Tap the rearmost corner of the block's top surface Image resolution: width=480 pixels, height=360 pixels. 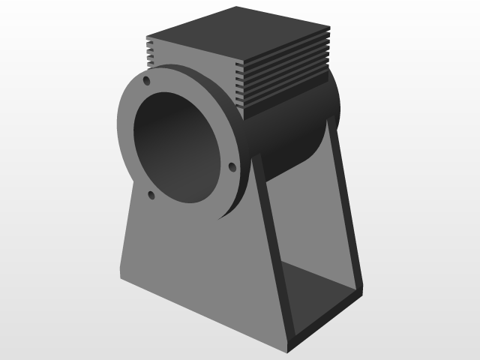pos(236,7)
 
